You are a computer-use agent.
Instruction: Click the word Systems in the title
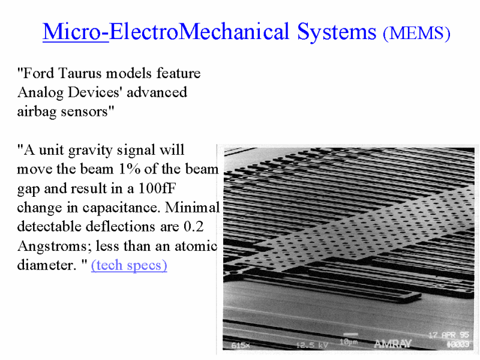coord(337,32)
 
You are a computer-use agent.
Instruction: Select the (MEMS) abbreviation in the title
coord(416,33)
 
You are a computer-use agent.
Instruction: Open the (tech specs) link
coord(129,265)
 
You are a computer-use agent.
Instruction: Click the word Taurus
coord(80,73)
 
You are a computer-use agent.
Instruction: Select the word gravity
coord(91,151)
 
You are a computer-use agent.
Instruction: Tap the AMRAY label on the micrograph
coord(392,344)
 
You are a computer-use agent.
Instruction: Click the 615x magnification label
coord(241,346)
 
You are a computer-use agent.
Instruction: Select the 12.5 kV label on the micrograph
coord(312,345)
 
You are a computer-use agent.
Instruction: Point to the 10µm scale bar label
coord(349,341)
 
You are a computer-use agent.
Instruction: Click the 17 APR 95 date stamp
coord(449,335)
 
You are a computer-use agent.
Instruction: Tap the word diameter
coord(47,265)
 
